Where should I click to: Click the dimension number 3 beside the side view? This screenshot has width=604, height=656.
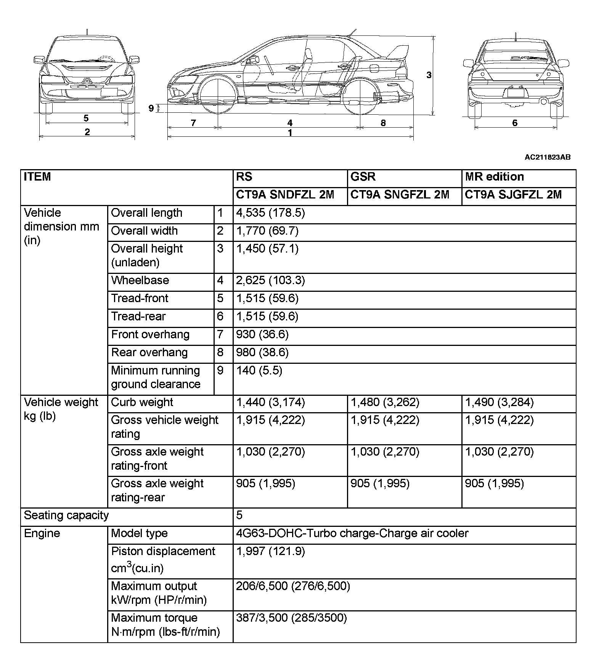pyautogui.click(x=429, y=75)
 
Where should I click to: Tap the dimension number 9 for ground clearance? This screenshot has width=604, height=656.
pyautogui.click(x=151, y=109)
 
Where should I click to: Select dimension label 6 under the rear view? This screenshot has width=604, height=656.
pyautogui.click(x=515, y=123)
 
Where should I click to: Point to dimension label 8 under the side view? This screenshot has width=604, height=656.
pyautogui.click(x=383, y=123)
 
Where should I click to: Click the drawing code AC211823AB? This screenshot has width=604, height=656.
pyautogui.click(x=548, y=157)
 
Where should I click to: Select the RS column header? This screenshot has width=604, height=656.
pyautogui.click(x=244, y=177)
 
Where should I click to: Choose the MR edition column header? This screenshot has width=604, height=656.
pyautogui.click(x=494, y=177)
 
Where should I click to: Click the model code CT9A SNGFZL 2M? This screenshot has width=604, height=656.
pyautogui.click(x=400, y=195)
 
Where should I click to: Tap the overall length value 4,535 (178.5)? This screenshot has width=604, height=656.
pyautogui.click(x=270, y=213)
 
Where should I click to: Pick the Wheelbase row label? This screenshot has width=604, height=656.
pyautogui.click(x=140, y=281)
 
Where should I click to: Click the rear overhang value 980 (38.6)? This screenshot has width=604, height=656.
pyautogui.click(x=262, y=353)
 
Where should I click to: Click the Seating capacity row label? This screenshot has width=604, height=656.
pyautogui.click(x=66, y=516)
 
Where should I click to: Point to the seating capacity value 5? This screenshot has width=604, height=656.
pyautogui.click(x=239, y=516)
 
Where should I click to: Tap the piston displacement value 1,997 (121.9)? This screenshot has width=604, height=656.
pyautogui.click(x=270, y=552)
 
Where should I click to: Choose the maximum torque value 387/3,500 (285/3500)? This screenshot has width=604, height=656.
pyautogui.click(x=291, y=618)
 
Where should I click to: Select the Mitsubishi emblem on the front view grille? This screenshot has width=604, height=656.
pyautogui.click(x=87, y=81)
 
